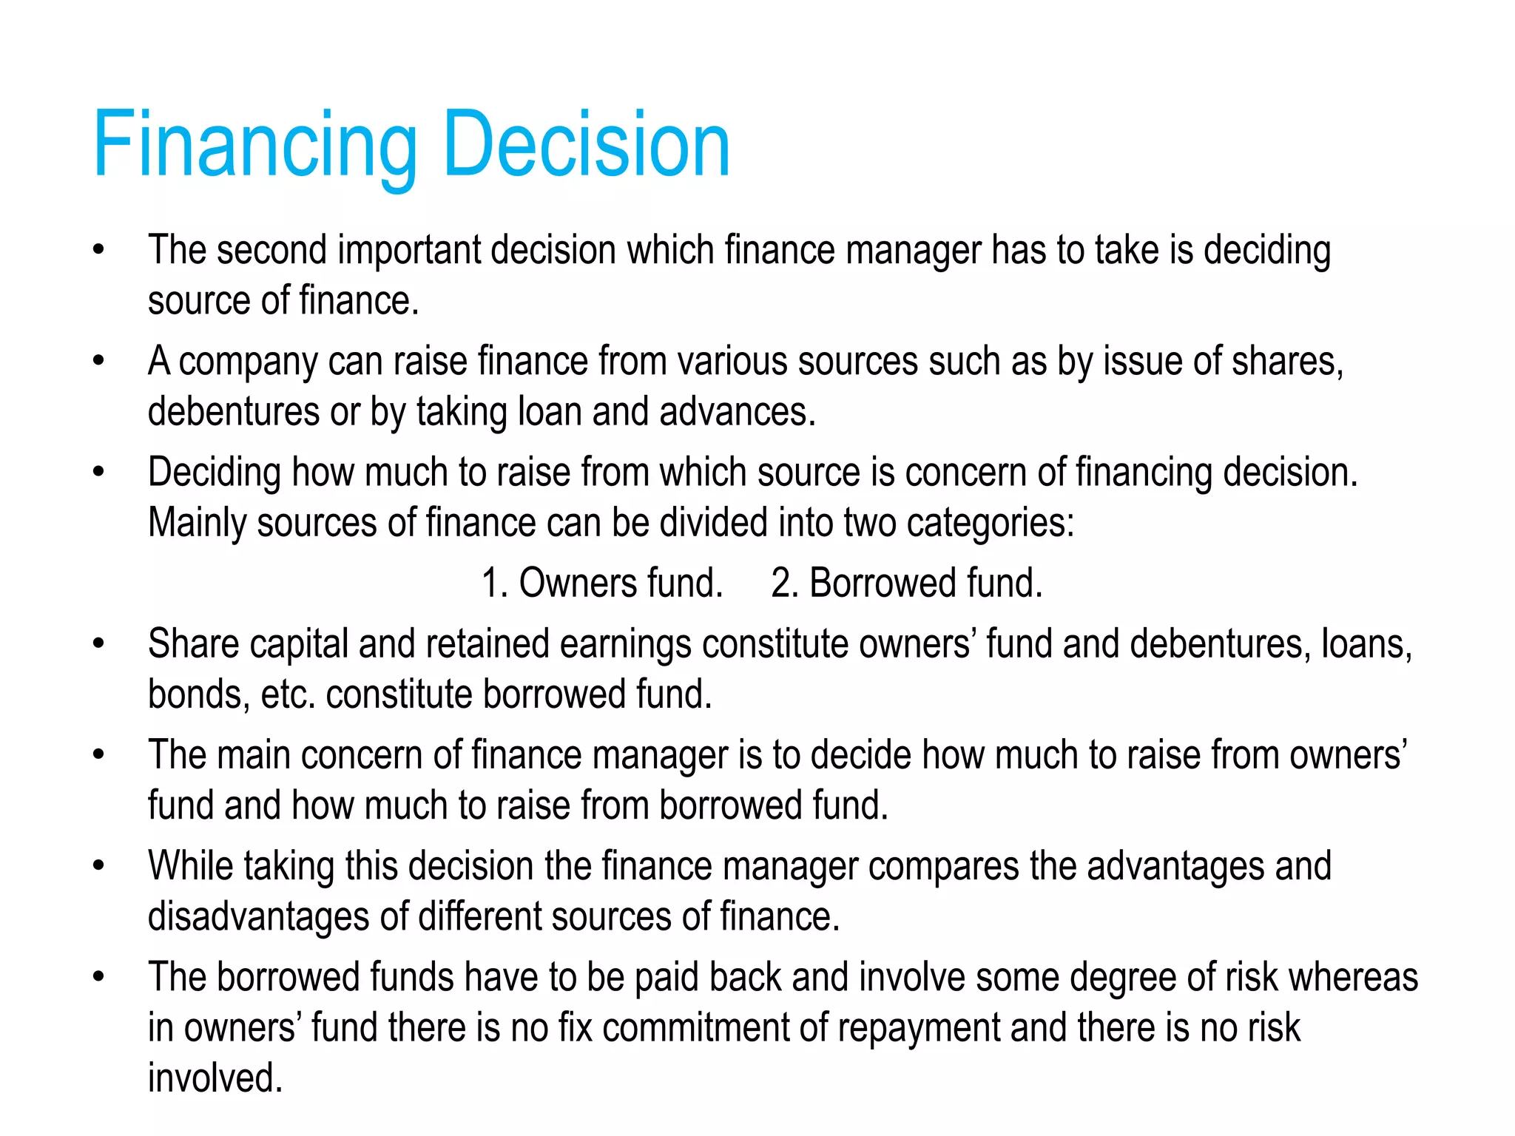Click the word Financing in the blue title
tap(255, 144)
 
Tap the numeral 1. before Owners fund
tap(493, 583)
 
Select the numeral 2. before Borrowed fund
tap(784, 583)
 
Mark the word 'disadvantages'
tap(258, 917)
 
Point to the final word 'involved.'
tap(215, 1078)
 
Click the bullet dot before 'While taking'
tap(99, 865)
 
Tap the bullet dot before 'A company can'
tap(99, 361)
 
